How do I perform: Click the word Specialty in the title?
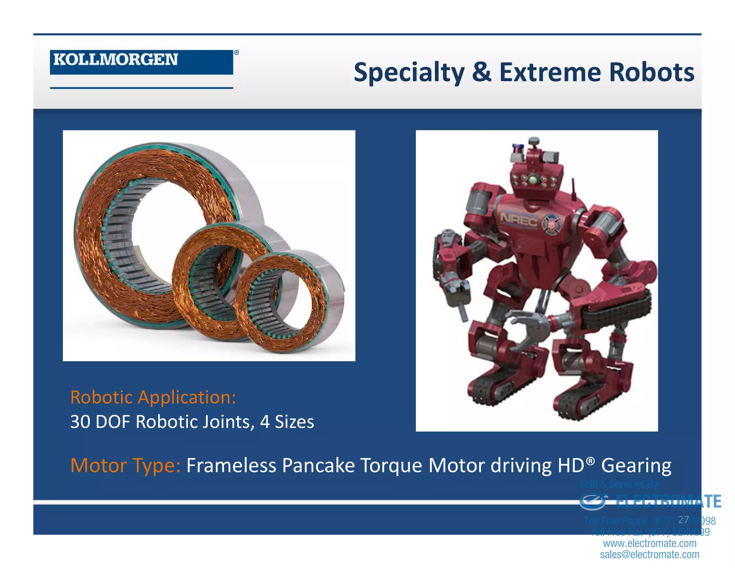(409, 73)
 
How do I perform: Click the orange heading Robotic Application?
(153, 397)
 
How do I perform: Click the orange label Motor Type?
(125, 465)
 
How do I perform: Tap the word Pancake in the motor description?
(318, 465)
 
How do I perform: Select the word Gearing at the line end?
(636, 465)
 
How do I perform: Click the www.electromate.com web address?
(650, 543)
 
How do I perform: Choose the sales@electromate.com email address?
(650, 554)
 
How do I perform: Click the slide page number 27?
(683, 520)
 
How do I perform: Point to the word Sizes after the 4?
(294, 422)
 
